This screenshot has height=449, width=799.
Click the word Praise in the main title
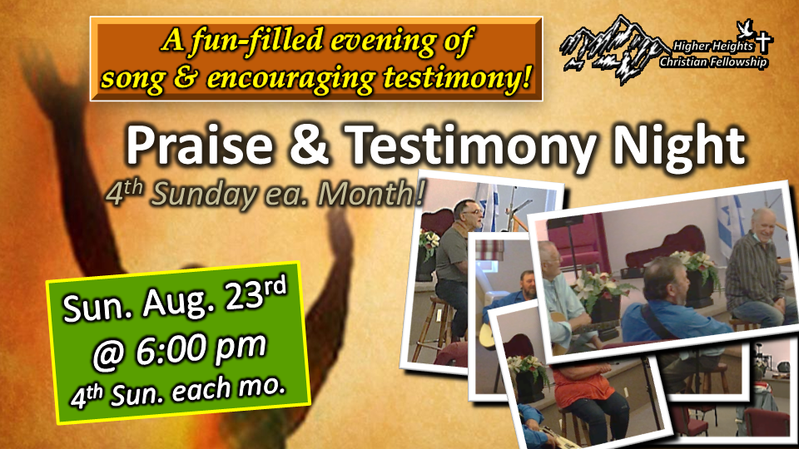coord(199,145)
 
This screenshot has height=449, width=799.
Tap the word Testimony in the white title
coord(469,146)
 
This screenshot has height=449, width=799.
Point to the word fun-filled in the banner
coord(257,41)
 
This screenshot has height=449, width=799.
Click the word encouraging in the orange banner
coord(291,78)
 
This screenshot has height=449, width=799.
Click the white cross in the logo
coord(763,42)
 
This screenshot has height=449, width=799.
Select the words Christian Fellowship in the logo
coord(713,62)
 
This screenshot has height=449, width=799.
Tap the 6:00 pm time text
coord(201,351)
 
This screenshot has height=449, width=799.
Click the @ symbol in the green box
coord(109,358)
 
